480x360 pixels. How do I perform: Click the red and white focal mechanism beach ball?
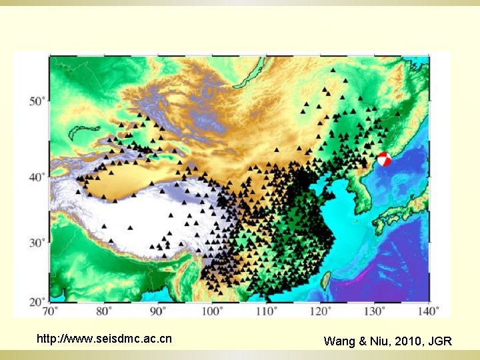(x=385, y=160)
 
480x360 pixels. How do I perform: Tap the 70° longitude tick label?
(x=50, y=310)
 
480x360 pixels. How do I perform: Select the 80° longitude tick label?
(x=104, y=310)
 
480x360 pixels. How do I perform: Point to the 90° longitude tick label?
(x=158, y=310)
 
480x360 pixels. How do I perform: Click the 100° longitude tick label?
(x=212, y=310)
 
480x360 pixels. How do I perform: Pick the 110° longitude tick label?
(x=266, y=310)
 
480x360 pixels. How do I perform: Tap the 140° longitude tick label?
(x=428, y=310)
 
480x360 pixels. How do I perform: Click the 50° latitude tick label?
(x=37, y=101)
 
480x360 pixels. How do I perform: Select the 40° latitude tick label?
(x=37, y=177)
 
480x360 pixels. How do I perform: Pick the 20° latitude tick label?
(x=37, y=302)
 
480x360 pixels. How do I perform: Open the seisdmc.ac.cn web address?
(x=104, y=339)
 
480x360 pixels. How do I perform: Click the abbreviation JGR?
(x=440, y=341)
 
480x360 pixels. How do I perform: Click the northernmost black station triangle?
(x=333, y=69)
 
